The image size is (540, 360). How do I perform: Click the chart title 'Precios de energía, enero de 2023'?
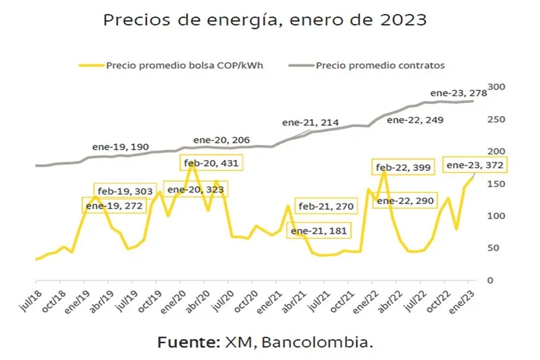click(x=265, y=20)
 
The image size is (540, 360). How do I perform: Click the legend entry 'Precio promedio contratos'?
click(x=380, y=66)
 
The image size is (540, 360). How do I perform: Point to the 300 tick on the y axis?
click(x=497, y=87)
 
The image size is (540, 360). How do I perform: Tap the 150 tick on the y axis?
click(x=497, y=184)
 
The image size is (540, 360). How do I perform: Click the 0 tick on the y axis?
click(x=491, y=280)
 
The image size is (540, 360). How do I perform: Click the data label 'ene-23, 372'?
click(x=475, y=165)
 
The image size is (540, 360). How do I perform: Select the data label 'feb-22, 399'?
click(x=404, y=168)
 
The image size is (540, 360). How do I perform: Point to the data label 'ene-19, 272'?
click(x=114, y=206)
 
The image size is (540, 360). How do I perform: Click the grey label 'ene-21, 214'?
click(x=310, y=123)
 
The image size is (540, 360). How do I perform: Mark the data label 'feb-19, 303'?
click(x=126, y=191)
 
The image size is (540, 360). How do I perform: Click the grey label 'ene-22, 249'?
click(x=415, y=121)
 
